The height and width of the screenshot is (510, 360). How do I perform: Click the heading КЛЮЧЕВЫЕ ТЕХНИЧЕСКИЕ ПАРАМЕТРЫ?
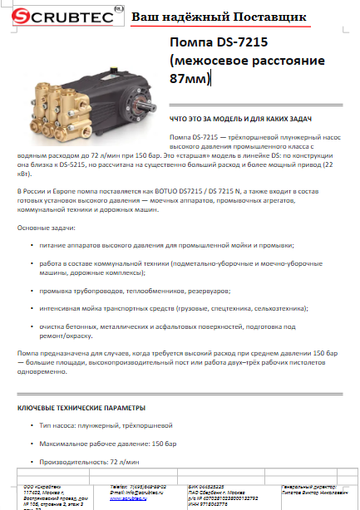pyautogui.click(x=81, y=409)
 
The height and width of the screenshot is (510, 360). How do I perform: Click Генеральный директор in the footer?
pyautogui.click(x=305, y=486)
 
